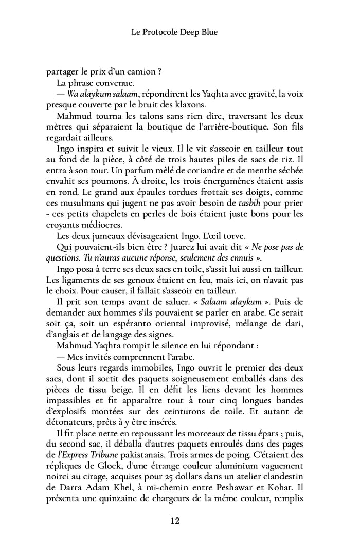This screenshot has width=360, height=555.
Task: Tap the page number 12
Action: pos(175,521)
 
